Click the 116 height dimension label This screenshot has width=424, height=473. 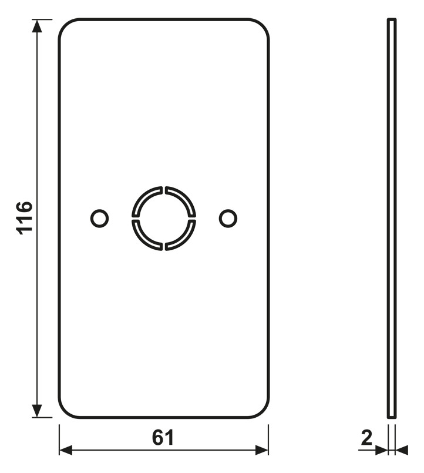(24, 218)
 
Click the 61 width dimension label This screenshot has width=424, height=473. (163, 438)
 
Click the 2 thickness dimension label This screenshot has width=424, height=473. (366, 438)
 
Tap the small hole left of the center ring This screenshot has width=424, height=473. (99, 218)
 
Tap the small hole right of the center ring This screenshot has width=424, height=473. (228, 218)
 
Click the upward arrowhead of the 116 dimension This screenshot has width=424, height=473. (37, 26)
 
